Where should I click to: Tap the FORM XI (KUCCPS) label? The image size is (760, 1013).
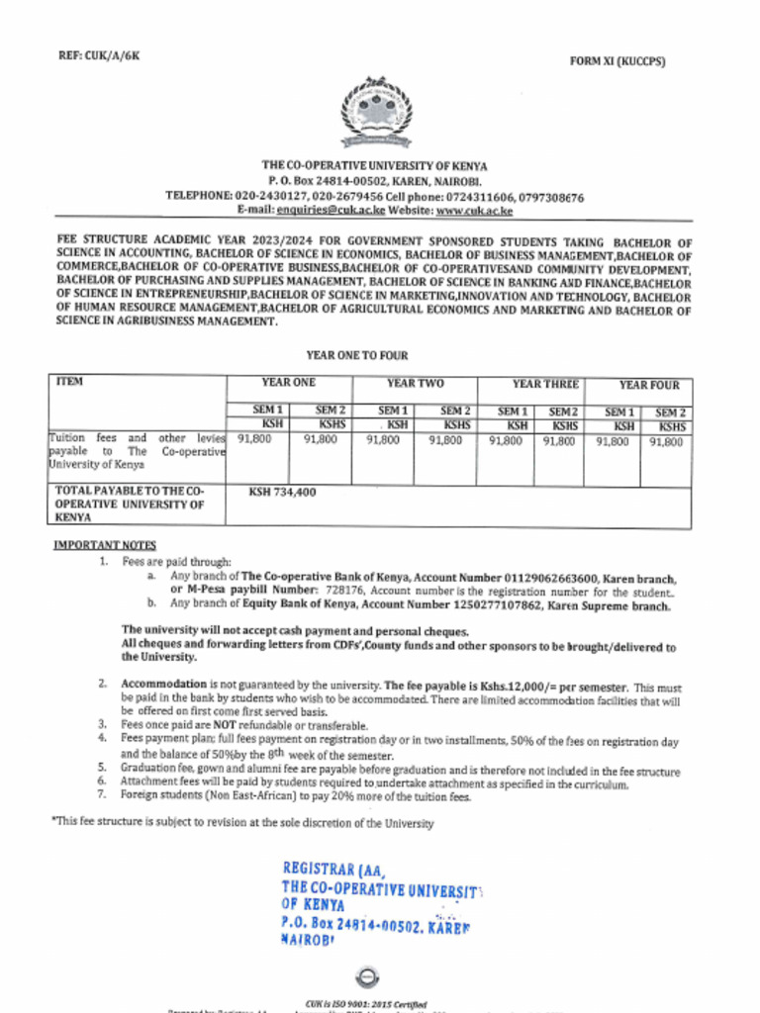[617, 61]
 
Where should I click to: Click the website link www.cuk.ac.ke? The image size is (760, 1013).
[474, 211]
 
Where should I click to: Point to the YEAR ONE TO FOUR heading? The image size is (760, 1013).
[357, 355]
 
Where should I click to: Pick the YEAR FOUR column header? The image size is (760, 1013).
[649, 385]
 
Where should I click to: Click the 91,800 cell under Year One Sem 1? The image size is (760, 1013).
[255, 441]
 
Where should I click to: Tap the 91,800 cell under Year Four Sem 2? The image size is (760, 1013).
[666, 442]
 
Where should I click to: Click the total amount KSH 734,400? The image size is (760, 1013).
[282, 492]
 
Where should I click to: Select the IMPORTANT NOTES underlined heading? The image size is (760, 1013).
[104, 545]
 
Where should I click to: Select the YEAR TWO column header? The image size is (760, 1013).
[415, 383]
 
